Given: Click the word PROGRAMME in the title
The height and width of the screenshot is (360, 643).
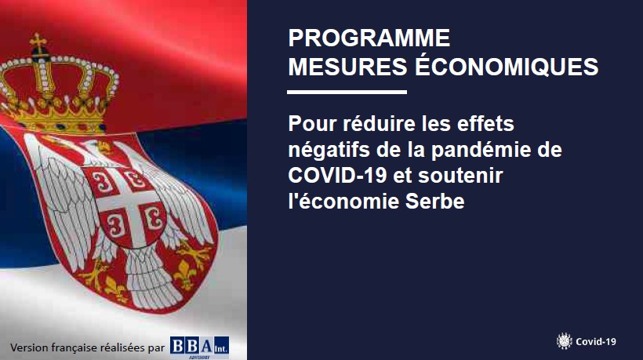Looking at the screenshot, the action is coord(369,38).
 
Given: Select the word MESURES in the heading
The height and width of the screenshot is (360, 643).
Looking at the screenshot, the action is coord(347,67).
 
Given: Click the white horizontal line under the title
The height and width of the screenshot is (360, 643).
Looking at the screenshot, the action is coord(347,93).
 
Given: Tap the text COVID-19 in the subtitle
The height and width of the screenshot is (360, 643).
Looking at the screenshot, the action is coord(337,176).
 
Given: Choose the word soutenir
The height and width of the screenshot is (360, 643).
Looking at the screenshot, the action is coord(460,176).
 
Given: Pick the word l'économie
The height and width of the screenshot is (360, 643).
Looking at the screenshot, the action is coord(343,202).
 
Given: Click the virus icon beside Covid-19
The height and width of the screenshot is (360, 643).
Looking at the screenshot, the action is coord(565,341).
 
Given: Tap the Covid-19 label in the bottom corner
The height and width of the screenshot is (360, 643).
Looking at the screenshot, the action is coord(595,341).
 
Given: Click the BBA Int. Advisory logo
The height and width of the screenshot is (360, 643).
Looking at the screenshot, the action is coord(199,347).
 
